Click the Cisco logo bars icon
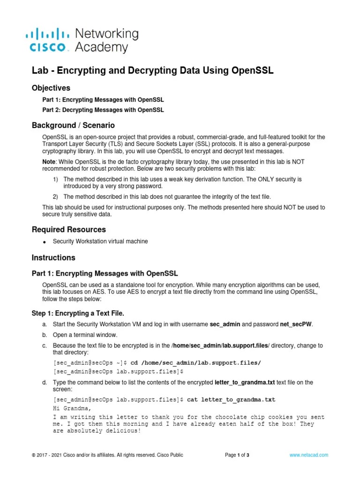pyautogui.click(x=47, y=33)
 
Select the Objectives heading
pyautogui.click(x=51, y=88)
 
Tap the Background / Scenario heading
pyautogui.click(x=73, y=125)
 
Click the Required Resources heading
pyautogui.click(x=68, y=229)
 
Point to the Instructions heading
pyautogui.click(x=53, y=257)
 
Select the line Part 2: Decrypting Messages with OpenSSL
pyautogui.click(x=103, y=110)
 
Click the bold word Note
pyautogui.click(x=50, y=161)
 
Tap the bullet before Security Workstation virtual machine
pyautogui.click(x=44, y=242)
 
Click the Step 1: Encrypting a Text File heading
pyautogui.click(x=78, y=313)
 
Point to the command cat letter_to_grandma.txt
pyautogui.click(x=231, y=399)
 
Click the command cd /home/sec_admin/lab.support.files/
pyautogui.click(x=195, y=362)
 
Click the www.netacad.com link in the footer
pyautogui.click(x=309, y=455)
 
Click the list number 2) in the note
pyautogui.click(x=55, y=196)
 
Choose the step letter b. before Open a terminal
pyautogui.click(x=44, y=335)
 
